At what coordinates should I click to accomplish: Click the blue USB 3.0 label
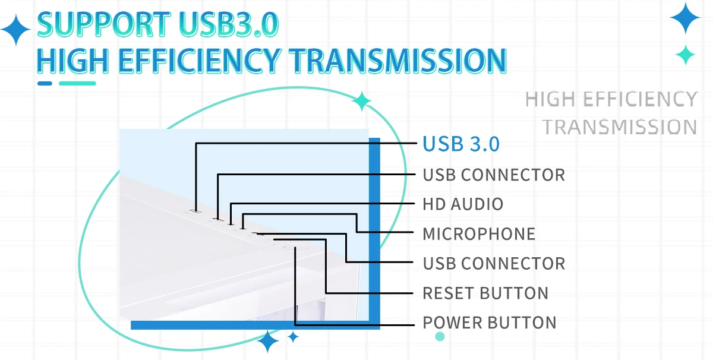click(x=461, y=144)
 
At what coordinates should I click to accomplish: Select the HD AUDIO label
click(x=463, y=204)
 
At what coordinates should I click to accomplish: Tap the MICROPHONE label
click(x=479, y=234)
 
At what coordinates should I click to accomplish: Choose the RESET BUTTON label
click(x=485, y=293)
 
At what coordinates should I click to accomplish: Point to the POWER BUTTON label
click(x=490, y=323)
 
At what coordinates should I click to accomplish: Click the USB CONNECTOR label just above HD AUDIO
click(x=494, y=175)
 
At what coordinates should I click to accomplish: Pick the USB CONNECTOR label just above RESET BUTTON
click(x=494, y=263)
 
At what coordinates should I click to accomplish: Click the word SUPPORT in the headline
click(x=100, y=25)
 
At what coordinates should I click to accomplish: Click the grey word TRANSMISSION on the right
click(x=620, y=127)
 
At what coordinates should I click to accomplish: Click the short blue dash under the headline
click(x=45, y=83)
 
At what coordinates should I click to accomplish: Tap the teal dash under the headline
click(x=77, y=83)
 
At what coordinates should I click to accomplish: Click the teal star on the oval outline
click(x=361, y=102)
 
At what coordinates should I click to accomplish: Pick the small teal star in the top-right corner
click(x=686, y=55)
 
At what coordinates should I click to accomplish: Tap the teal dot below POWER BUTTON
click(x=440, y=337)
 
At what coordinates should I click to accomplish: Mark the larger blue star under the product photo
click(x=269, y=342)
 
